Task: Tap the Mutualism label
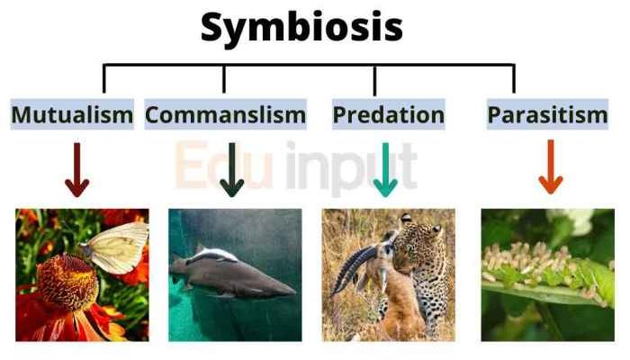[x=72, y=115]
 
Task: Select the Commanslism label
[x=225, y=115]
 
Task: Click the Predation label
[x=388, y=115]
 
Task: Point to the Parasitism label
[x=547, y=115]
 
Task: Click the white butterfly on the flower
[x=117, y=247]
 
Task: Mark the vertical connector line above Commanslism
[x=224, y=79]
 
